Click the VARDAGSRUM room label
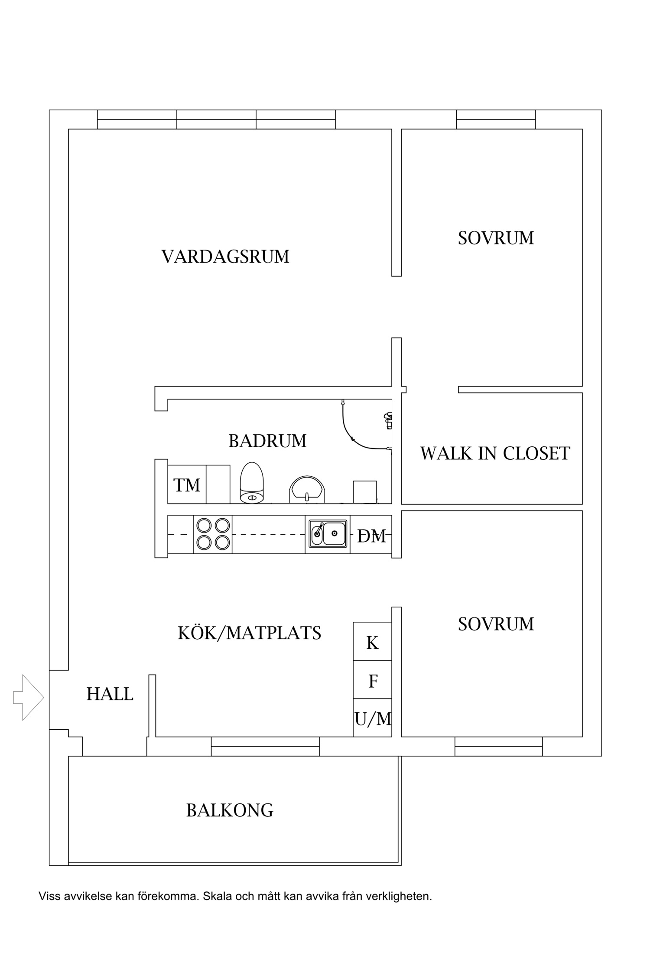pos(225,257)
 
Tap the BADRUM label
pos(267,441)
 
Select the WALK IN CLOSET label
pos(495,453)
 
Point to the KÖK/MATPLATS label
pos(250,633)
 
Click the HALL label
pos(110,694)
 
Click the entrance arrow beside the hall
pos(29,698)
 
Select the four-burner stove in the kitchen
pos(213,534)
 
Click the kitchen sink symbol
pos(328,533)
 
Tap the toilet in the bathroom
pos(252,483)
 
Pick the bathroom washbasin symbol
pos(307,489)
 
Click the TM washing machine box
pos(187,484)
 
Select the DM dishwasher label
pos(371,536)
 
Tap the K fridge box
pos(372,641)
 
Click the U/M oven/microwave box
pos(372,718)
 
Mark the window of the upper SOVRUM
pos(496,120)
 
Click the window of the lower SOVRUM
pos(498,746)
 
